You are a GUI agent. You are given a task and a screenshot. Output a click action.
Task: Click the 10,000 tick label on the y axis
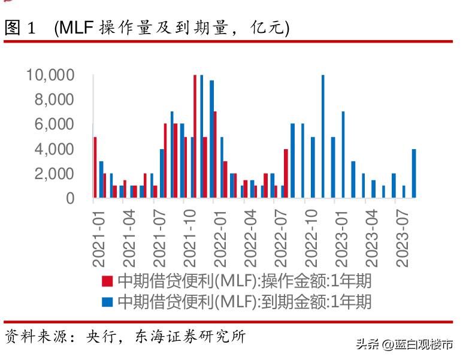tap(50, 75)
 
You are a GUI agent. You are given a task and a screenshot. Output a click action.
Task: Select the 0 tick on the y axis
tap(70, 198)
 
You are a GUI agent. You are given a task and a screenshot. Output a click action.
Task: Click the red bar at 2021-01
tap(95, 168)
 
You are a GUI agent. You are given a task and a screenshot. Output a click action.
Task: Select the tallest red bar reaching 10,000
tap(195, 137)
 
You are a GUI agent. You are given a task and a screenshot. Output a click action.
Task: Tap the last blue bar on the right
tap(414, 174)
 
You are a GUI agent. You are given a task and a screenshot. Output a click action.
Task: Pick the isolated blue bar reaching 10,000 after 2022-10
tap(323, 137)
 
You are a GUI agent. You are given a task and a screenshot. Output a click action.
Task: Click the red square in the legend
tap(107, 281)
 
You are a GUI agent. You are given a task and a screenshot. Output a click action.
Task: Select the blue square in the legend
tap(107, 301)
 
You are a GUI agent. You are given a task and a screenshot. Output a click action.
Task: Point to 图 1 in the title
tap(21, 28)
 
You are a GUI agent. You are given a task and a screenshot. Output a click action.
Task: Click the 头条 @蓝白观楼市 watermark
tap(404, 344)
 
